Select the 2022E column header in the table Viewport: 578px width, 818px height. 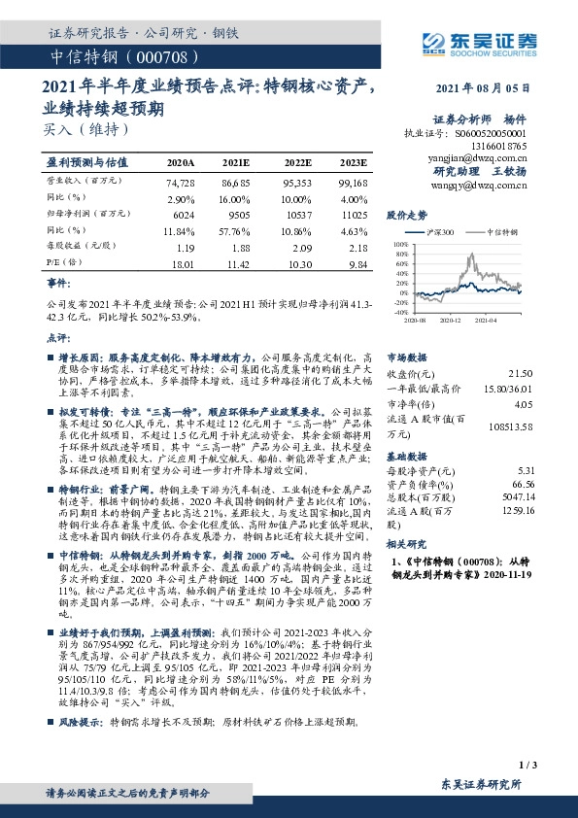pyautogui.click(x=297, y=163)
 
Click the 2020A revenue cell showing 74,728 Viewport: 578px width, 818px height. pyautogui.click(x=181, y=183)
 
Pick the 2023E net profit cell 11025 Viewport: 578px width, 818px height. pyautogui.click(x=354, y=213)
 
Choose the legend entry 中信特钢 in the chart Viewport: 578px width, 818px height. pyautogui.click(x=498, y=234)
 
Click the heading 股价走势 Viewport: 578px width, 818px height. pyautogui.click(x=407, y=217)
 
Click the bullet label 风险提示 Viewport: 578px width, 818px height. pyautogui.click(x=80, y=722)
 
